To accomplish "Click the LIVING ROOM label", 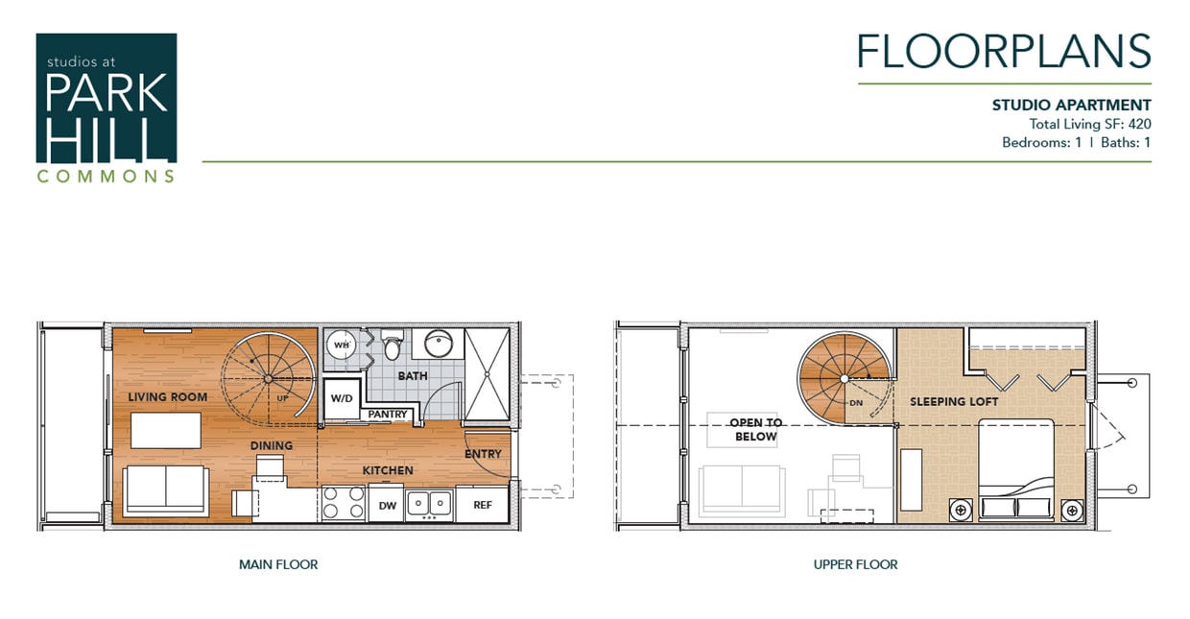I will [x=168, y=396].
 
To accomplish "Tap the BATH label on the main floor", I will [x=413, y=376].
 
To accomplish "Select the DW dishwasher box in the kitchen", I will [x=388, y=505].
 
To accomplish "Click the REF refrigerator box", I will [x=483, y=505].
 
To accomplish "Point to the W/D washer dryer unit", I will [x=341, y=397].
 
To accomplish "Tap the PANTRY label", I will [x=389, y=415].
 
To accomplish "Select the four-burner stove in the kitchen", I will [x=343, y=503].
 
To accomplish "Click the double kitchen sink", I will [x=429, y=502].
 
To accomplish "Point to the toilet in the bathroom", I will [x=392, y=343].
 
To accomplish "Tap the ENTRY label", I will [x=483, y=453].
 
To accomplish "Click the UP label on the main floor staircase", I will [x=283, y=397].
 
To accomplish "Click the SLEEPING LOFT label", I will [x=954, y=401].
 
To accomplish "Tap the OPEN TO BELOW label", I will [x=755, y=429].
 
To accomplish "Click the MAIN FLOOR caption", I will [x=278, y=564].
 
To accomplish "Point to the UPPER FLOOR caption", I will [x=855, y=564].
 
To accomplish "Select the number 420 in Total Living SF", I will [x=1139, y=124].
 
